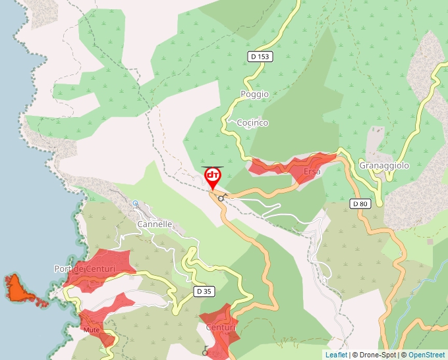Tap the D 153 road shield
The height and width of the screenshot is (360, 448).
click(x=260, y=57)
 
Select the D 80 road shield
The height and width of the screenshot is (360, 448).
click(x=360, y=204)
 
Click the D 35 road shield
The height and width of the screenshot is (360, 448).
click(x=204, y=291)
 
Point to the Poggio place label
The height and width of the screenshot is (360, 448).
click(x=254, y=94)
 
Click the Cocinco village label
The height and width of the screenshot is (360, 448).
click(x=252, y=123)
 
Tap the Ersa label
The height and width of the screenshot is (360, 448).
click(x=312, y=172)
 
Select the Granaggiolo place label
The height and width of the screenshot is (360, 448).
click(x=384, y=166)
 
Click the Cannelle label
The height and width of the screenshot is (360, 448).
click(x=154, y=224)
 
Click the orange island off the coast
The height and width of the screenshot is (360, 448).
click(x=20, y=290)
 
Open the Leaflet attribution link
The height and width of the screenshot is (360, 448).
click(x=336, y=355)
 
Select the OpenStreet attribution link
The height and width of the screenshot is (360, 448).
click(x=426, y=355)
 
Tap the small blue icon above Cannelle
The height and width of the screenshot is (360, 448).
click(x=136, y=203)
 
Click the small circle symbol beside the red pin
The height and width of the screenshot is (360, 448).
click(x=221, y=197)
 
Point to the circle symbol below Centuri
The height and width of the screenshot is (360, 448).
click(x=205, y=352)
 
